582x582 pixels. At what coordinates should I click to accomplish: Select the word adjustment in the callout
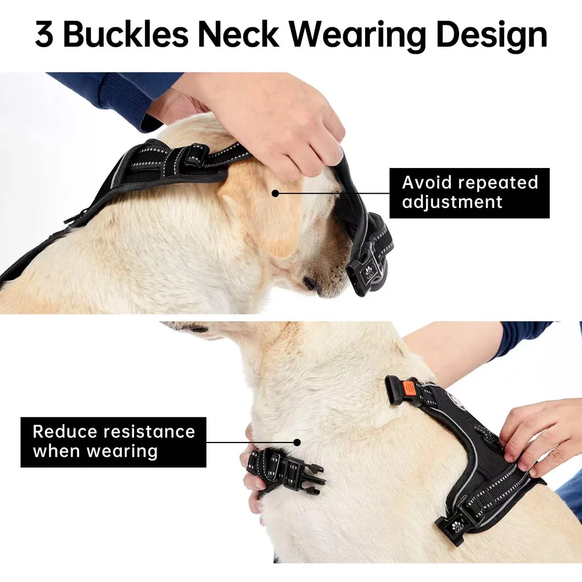click(x=452, y=202)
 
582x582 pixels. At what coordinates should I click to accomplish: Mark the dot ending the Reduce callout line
click(x=297, y=442)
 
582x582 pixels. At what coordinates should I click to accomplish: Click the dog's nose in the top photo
click(x=311, y=284)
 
